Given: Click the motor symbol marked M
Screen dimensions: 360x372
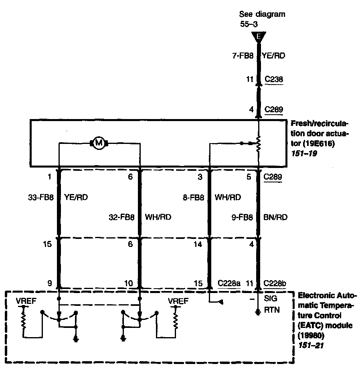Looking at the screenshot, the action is (x=99, y=142).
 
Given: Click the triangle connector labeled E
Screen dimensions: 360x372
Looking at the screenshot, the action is (x=259, y=37).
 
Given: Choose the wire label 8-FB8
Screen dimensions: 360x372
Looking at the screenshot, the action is (x=194, y=197).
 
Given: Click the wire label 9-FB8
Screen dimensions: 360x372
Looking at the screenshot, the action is (x=243, y=217).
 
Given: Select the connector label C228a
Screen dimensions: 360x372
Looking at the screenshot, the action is (x=229, y=283).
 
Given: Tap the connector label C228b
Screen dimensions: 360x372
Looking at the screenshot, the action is (x=275, y=283).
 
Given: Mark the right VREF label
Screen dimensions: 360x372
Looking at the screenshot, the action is (x=176, y=300).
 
